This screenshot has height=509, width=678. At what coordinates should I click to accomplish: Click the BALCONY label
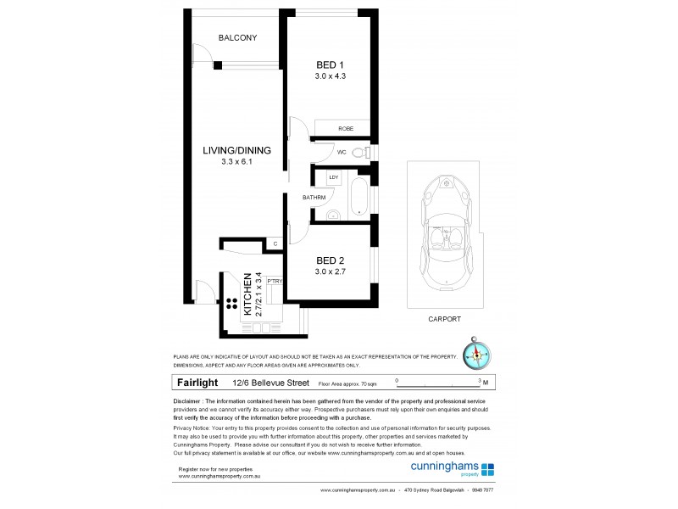coord(237,38)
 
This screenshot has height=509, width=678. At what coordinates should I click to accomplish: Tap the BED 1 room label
coord(329,65)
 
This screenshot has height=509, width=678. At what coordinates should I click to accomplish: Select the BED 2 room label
coord(329,260)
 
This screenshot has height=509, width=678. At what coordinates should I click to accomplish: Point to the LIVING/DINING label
coord(236,151)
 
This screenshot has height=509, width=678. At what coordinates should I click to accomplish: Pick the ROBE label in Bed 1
coord(345,128)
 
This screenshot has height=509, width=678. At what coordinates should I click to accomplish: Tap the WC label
coord(342,153)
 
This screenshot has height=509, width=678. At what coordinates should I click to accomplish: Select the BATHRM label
coord(314,198)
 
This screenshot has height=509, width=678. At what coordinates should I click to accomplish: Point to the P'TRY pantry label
coord(274,281)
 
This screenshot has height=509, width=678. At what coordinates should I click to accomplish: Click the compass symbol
coord(475,354)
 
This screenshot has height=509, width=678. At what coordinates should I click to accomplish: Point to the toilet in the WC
coord(359,153)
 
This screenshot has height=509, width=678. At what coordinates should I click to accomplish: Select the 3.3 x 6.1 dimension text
coord(236,161)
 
